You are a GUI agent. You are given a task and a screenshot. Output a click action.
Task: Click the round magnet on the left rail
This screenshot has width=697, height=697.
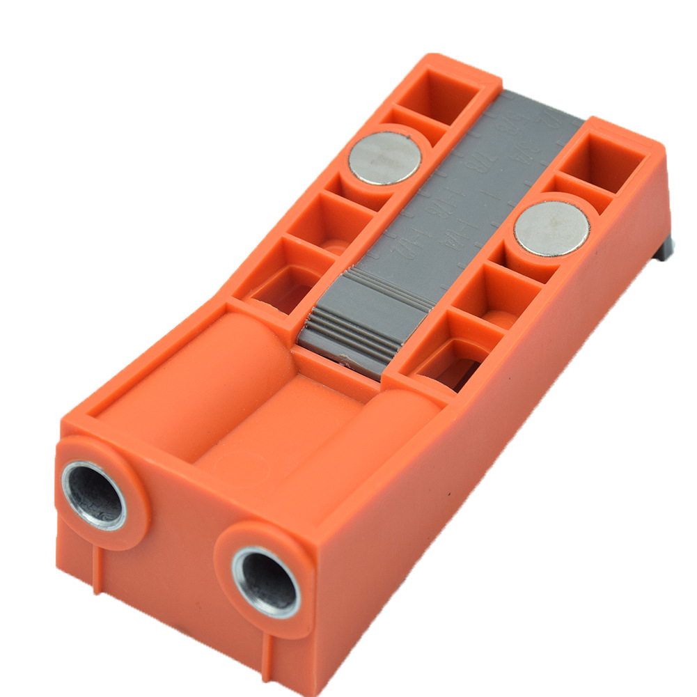(384, 158)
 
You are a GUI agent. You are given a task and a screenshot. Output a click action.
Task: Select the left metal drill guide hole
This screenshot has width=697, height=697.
(94, 495)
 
